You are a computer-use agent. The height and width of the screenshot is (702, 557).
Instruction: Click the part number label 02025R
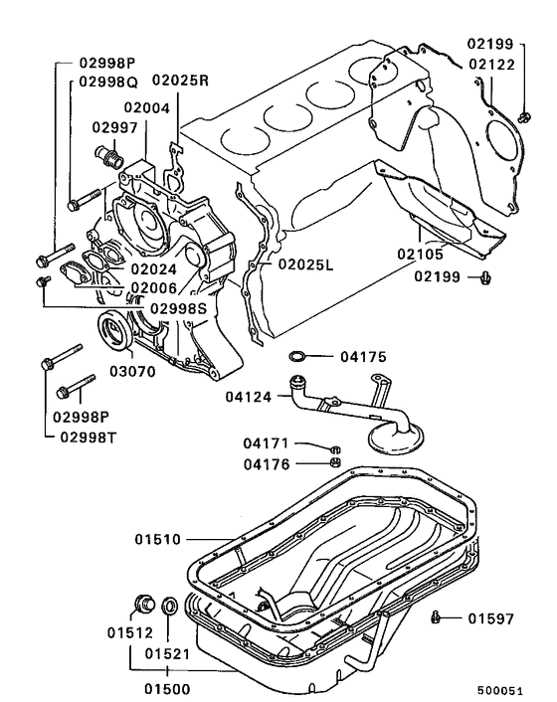[x=180, y=81]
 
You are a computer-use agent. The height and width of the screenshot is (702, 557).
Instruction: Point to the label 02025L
[x=305, y=264]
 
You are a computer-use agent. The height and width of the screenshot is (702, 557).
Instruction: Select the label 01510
[x=159, y=540]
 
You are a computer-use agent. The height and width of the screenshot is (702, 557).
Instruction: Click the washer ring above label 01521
[x=169, y=605]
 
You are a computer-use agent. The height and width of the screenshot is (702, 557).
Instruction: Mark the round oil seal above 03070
[x=115, y=331]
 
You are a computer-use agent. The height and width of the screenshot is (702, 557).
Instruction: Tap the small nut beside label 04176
[x=336, y=461]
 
